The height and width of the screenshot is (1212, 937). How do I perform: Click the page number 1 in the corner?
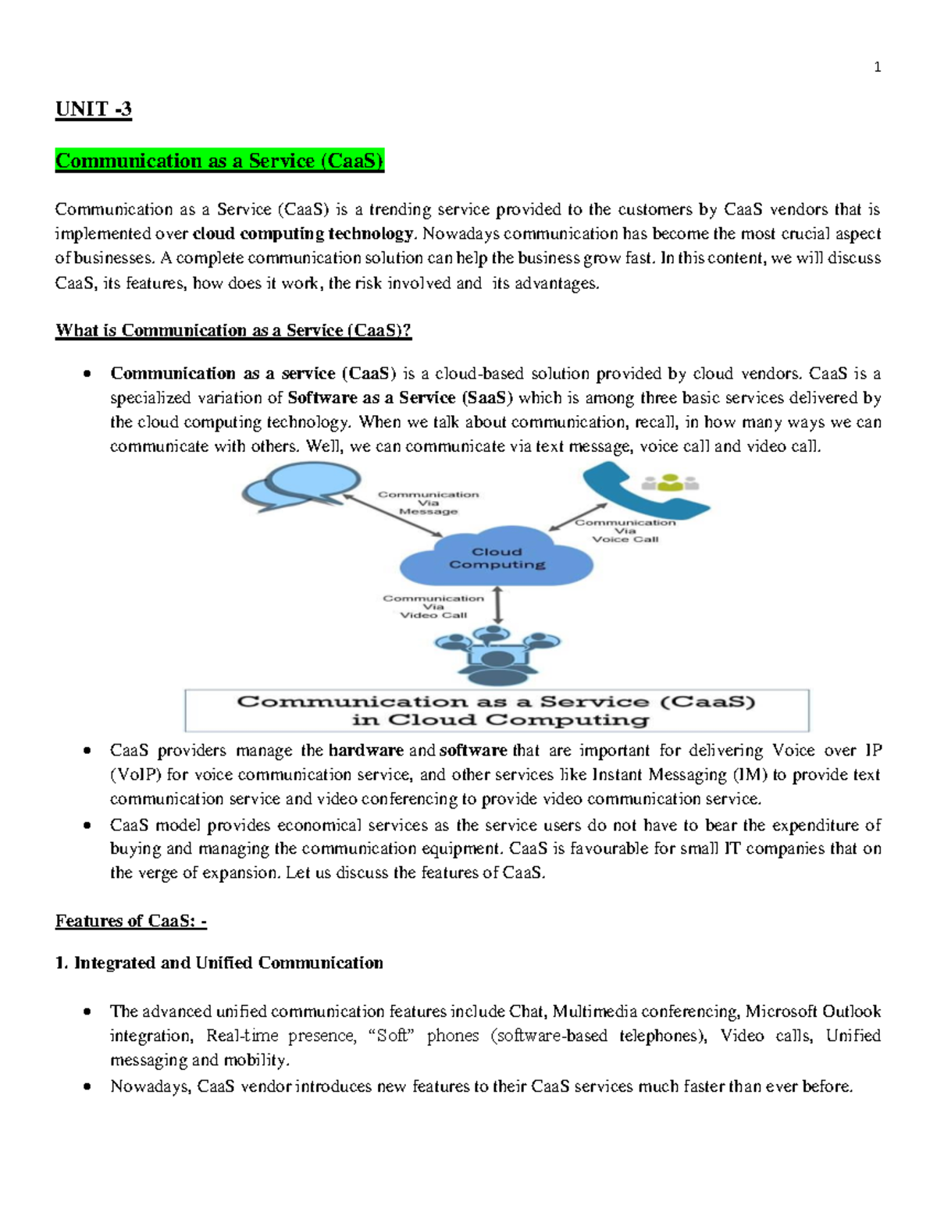[877, 68]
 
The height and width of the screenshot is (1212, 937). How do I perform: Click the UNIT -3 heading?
[93, 109]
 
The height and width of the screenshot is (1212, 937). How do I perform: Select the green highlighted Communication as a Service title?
[219, 161]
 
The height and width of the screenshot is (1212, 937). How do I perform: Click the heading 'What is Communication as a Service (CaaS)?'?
[233, 331]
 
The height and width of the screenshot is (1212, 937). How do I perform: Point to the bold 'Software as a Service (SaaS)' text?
[400, 398]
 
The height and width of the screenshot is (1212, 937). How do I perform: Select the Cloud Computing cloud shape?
[497, 558]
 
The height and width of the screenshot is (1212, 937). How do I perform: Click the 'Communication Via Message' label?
[428, 503]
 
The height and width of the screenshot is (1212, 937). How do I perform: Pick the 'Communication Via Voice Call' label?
[625, 531]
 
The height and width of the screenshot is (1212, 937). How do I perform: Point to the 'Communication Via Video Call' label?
[433, 606]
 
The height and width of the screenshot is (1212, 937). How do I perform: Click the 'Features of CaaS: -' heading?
[130, 922]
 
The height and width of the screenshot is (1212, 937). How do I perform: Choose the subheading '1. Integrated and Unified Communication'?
[219, 963]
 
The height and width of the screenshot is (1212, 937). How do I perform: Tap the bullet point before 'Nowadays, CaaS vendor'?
[87, 1086]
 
